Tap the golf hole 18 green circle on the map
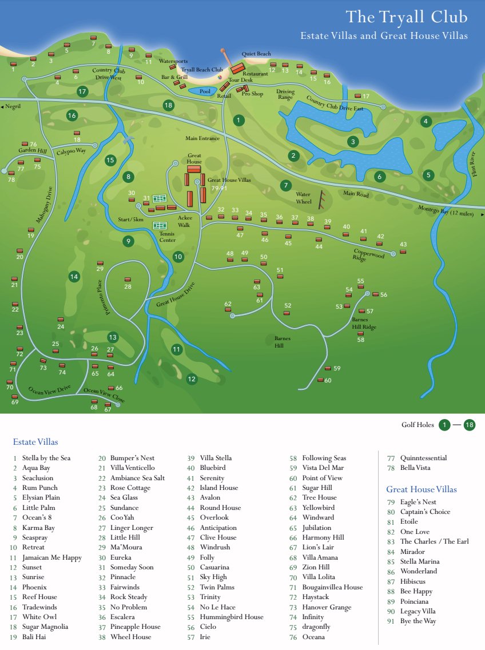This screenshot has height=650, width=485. tap(168, 105)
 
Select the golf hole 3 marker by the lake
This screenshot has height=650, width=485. tap(353, 141)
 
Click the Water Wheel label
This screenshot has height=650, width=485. tap(303, 198)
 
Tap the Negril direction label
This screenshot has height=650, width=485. tap(12, 107)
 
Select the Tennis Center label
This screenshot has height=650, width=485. tap(168, 237)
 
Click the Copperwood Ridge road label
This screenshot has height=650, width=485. tap(369, 254)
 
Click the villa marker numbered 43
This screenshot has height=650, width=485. tap(403, 252)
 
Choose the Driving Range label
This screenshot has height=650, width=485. tap(285, 94)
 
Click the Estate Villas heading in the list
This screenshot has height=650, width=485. tap(35, 442)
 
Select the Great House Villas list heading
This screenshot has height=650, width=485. tap(422, 489)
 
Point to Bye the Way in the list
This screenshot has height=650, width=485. tap(418, 621)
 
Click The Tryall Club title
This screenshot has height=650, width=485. tap(407, 17)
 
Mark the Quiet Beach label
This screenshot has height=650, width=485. tap(256, 54)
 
